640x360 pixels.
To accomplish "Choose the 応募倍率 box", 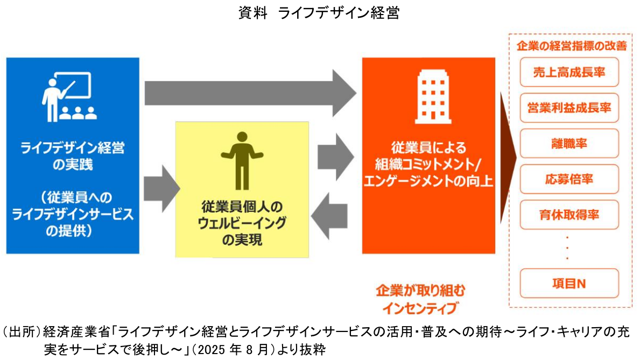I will [x=569, y=179].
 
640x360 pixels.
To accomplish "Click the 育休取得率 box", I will [x=569, y=215].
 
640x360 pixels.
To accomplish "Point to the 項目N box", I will [x=569, y=284].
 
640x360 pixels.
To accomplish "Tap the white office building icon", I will [x=428, y=98].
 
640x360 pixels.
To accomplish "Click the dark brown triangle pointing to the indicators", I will [x=508, y=157].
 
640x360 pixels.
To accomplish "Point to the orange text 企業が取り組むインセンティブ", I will [x=420, y=299].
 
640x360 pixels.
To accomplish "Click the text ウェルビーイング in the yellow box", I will [x=242, y=223].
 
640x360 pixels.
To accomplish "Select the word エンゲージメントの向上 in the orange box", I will [x=428, y=180].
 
